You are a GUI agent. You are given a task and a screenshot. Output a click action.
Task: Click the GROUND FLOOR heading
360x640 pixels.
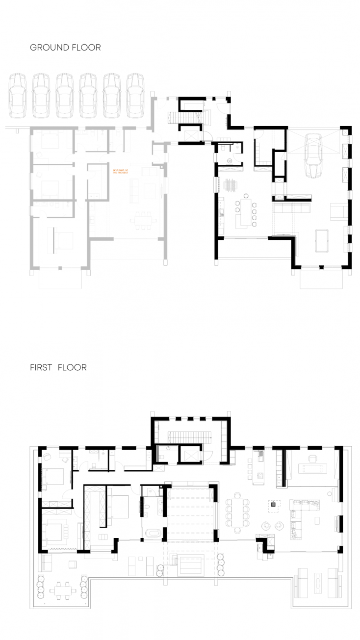[65, 48]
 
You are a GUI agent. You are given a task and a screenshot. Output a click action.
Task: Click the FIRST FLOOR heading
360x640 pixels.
[58, 367]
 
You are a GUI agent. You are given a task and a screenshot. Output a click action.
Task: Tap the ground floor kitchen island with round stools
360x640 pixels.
[243, 212]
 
